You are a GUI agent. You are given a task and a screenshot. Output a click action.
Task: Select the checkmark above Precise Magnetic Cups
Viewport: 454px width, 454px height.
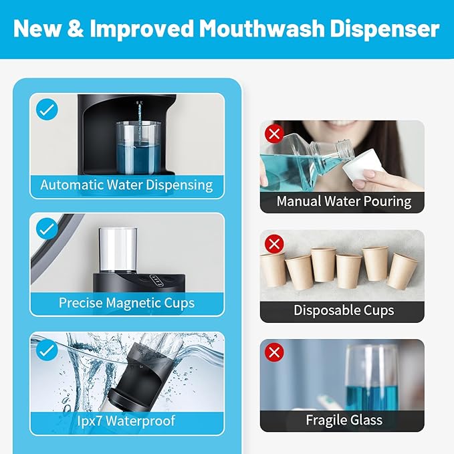(47, 229)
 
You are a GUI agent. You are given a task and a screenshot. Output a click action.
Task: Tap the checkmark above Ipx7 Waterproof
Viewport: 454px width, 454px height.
(47, 349)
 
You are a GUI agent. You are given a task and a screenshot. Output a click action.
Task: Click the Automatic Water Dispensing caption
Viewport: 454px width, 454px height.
(126, 185)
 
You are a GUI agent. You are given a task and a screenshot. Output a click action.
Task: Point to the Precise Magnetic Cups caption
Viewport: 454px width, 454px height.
(126, 303)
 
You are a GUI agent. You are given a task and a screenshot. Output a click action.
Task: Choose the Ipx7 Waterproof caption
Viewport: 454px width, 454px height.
(126, 421)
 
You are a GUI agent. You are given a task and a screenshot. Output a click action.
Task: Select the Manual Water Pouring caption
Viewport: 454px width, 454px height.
(344, 201)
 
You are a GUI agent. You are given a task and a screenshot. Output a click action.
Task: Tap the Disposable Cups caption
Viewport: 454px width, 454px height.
(344, 310)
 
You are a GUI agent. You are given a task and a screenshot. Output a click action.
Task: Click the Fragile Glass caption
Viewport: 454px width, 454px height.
(344, 420)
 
